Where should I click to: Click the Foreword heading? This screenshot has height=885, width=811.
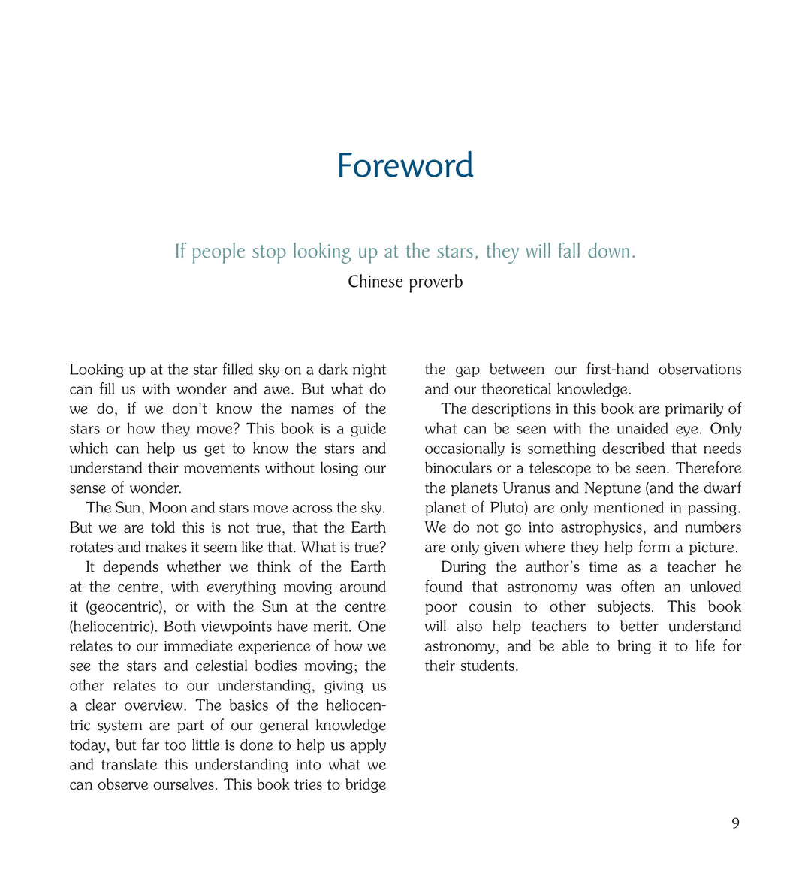point(405,165)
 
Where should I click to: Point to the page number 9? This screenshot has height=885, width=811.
point(735,823)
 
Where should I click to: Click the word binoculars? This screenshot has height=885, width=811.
point(458,469)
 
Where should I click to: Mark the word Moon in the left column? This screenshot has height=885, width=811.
point(168,508)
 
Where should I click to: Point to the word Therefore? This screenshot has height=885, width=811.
point(708,469)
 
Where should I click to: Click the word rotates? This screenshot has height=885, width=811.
point(92,547)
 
